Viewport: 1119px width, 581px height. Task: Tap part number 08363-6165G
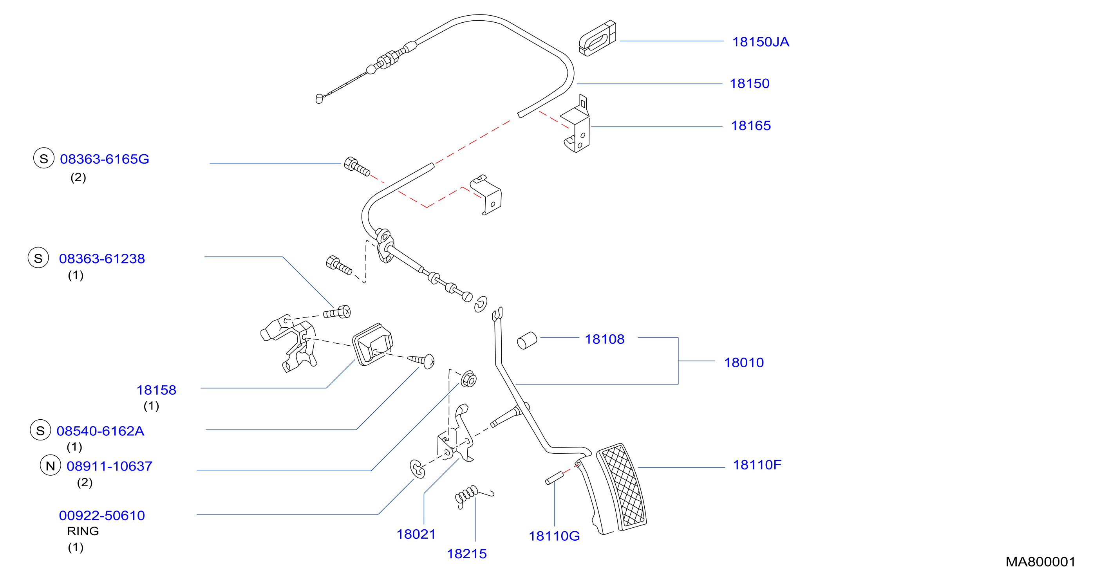click(x=104, y=159)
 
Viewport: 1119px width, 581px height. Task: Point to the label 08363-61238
click(x=102, y=258)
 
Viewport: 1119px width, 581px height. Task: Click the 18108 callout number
click(x=604, y=339)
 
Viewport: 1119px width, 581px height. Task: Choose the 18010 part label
click(x=744, y=363)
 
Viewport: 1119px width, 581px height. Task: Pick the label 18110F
click(x=757, y=465)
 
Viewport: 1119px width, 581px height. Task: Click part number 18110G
click(x=554, y=536)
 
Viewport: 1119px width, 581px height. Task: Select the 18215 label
click(x=466, y=554)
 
